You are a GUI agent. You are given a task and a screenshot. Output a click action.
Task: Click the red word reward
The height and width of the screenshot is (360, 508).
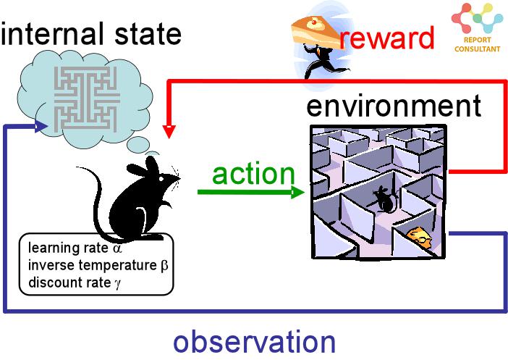click(x=387, y=38)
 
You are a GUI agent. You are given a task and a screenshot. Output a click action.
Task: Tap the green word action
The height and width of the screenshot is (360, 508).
click(x=253, y=174)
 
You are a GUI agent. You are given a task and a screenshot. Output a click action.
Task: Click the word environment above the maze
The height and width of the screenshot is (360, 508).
click(x=394, y=106)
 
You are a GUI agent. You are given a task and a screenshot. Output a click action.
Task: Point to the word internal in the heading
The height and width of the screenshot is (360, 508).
click(x=53, y=33)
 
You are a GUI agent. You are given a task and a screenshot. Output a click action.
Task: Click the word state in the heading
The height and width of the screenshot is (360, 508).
click(x=148, y=34)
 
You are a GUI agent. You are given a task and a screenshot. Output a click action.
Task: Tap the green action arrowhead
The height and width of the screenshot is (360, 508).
click(x=297, y=192)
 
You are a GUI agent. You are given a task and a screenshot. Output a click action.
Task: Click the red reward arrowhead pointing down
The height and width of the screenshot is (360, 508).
click(x=169, y=131)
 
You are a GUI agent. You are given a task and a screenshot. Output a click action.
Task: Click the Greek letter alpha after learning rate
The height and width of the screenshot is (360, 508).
click(x=117, y=248)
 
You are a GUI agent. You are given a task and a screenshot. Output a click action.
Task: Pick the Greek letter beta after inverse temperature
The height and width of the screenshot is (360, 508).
click(x=164, y=266)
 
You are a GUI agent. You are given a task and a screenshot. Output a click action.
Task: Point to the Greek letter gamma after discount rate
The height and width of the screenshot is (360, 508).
click(x=117, y=283)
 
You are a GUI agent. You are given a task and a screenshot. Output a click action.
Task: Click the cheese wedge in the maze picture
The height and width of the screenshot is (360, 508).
click(x=420, y=237)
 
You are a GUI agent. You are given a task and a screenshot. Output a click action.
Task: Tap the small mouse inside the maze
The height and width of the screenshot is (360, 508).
click(x=384, y=199)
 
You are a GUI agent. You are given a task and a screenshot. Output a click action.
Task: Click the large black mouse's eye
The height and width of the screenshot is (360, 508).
click(x=161, y=179)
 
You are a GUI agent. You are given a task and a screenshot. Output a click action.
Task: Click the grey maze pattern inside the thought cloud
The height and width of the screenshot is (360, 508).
click(x=85, y=99)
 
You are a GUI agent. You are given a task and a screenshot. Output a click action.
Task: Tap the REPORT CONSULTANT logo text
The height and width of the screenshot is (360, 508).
click(x=477, y=44)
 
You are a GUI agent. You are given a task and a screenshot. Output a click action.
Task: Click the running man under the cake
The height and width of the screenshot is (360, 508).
click(x=324, y=62)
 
